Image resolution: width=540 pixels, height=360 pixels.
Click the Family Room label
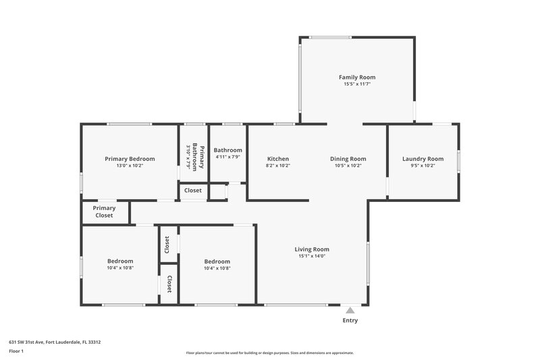click(357, 78)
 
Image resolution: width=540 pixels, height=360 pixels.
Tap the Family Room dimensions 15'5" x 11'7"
click(357, 84)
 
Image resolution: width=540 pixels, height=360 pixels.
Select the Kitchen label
click(278, 159)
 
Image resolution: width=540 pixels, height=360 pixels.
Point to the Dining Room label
click(348, 159)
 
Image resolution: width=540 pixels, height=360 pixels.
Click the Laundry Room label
click(423, 159)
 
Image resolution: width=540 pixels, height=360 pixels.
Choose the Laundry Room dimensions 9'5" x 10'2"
click(423, 165)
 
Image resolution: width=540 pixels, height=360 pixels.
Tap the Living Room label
click(312, 249)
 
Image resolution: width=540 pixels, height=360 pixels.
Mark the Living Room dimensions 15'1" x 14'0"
click(312, 256)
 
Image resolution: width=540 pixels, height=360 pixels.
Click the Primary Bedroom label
click(130, 159)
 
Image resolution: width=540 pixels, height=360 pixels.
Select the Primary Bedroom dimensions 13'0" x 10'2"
click(130, 165)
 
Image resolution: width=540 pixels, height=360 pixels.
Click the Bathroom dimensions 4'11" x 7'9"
click(227, 157)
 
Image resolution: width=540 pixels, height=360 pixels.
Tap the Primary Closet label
click(104, 211)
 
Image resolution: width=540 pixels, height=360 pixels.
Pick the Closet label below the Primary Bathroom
click(193, 190)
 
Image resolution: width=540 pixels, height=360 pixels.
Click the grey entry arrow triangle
click(350, 310)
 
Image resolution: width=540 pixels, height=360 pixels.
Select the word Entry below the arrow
click(350, 320)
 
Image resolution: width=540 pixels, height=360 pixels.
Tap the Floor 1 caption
click(16, 351)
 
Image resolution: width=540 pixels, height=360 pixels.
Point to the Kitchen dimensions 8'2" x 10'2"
click(278, 165)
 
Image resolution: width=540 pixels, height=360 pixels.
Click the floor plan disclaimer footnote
click(269, 353)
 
